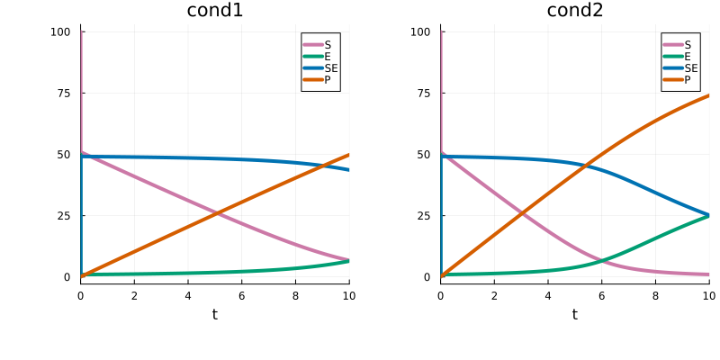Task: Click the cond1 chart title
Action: (x=214, y=11)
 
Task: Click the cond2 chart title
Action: (x=574, y=11)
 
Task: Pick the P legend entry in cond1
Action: (x=328, y=80)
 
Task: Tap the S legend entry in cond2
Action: (x=688, y=45)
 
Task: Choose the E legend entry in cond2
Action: (x=688, y=57)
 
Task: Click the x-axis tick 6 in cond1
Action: (x=241, y=295)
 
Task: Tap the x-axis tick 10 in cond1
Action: (x=349, y=295)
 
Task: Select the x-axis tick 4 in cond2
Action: (x=548, y=295)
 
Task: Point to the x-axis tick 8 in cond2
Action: (x=655, y=295)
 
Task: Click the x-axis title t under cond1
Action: (x=214, y=314)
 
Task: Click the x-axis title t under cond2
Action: (x=574, y=314)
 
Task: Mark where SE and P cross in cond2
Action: (x=586, y=165)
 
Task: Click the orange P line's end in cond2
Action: (x=709, y=95)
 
